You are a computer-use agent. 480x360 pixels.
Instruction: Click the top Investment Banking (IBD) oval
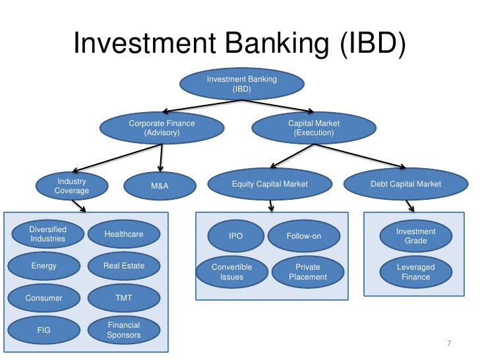(x=242, y=84)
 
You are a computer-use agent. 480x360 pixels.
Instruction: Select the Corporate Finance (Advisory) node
(x=162, y=128)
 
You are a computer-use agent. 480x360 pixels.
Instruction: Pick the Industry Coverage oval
(x=72, y=186)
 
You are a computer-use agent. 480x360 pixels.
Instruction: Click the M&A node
(x=160, y=186)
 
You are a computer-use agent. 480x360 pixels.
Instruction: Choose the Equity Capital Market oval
(x=270, y=184)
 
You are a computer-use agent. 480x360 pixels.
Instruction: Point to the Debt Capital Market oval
(x=405, y=184)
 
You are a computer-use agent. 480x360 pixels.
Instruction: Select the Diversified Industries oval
(x=47, y=234)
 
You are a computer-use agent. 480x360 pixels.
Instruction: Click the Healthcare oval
(x=124, y=234)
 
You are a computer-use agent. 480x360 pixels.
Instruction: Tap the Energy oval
(x=44, y=266)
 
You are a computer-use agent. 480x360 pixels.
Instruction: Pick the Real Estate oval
(x=124, y=266)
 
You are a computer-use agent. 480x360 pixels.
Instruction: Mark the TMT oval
(x=124, y=298)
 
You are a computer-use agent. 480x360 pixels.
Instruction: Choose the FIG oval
(x=44, y=330)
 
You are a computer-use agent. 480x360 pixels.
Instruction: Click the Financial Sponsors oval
(x=124, y=330)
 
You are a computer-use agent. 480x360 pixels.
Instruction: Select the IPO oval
(x=235, y=236)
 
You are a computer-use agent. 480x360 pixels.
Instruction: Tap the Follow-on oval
(x=304, y=236)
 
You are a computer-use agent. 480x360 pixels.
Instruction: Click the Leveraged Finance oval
(x=416, y=272)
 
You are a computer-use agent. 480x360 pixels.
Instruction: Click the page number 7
(x=448, y=343)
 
